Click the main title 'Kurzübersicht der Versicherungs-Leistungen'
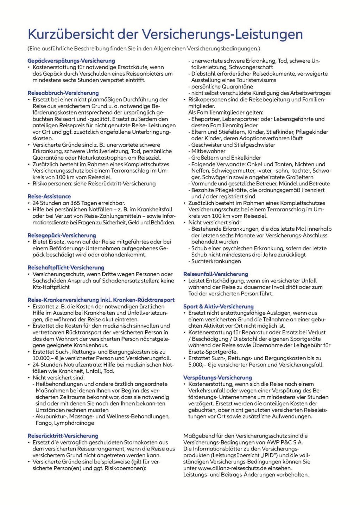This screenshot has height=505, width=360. pos(165,34)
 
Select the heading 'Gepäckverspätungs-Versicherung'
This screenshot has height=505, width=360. pos(71,61)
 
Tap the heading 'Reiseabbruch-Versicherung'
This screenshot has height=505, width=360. pos(63,93)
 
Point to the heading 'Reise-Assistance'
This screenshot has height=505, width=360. pos(49,197)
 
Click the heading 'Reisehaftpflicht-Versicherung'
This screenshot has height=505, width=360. pos(66,268)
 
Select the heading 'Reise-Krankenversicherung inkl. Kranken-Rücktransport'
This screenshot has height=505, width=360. pos(101,300)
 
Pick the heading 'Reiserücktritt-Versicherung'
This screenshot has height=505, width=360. pos(63,436)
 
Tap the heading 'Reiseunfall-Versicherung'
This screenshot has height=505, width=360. pos(216,274)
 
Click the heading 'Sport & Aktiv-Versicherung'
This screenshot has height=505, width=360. pos(218,306)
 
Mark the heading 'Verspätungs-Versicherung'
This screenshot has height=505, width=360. pos(217,378)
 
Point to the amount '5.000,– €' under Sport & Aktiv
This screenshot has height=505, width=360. pos(199,365)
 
